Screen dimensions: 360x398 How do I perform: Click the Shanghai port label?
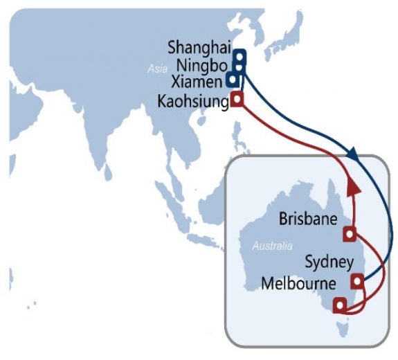199,48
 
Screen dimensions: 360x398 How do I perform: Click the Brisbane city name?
307,219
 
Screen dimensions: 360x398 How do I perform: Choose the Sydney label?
329,262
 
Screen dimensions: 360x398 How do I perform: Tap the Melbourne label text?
299,284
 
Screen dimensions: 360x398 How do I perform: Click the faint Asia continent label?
157,69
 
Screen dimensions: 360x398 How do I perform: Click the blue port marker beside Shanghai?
239,55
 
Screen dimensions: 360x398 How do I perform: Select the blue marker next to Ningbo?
239,66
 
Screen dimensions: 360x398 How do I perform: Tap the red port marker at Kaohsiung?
237,99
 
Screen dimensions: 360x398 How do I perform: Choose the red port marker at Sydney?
357,281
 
